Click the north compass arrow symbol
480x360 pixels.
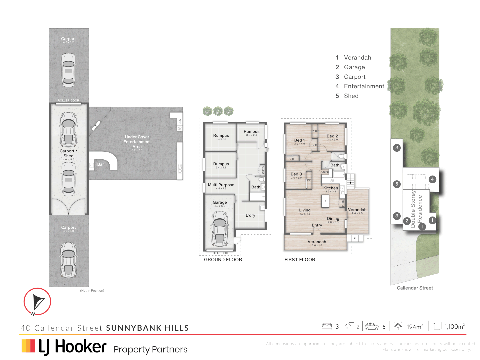(x=38, y=302)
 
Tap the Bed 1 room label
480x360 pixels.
(x=299, y=140)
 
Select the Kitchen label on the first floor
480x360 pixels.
(x=330, y=188)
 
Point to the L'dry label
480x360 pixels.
(x=250, y=215)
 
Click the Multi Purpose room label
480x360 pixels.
(x=221, y=185)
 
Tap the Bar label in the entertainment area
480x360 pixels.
(x=101, y=164)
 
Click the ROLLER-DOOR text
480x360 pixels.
(x=68, y=100)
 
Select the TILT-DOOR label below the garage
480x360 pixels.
(x=220, y=253)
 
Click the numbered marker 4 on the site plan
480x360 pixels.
(x=432, y=179)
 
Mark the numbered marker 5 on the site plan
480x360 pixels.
(x=397, y=184)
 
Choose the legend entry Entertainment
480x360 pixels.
(x=364, y=86)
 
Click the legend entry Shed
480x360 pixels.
(x=351, y=96)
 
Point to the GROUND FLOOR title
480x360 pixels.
(x=223, y=260)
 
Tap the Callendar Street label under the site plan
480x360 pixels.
(x=415, y=288)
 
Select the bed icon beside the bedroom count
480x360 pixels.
(x=327, y=326)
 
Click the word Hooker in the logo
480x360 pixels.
(x=81, y=347)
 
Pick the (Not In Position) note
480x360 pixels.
(x=92, y=291)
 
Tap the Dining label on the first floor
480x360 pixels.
(x=333, y=219)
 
